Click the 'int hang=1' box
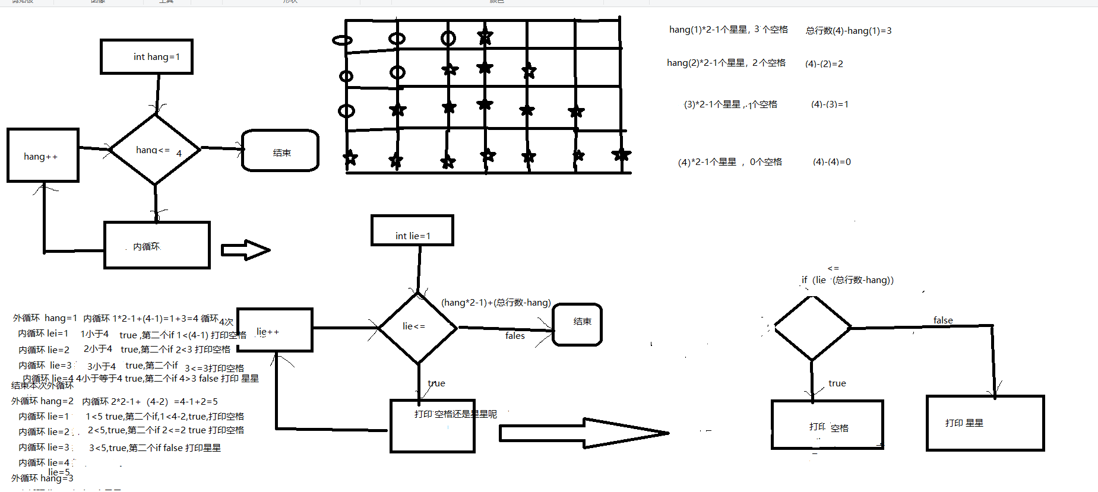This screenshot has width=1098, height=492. [x=147, y=57]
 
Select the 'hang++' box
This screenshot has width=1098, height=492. [x=43, y=155]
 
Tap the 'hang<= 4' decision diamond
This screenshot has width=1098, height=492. [x=155, y=150]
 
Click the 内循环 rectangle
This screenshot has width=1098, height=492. [x=157, y=245]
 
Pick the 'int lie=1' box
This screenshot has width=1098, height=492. [x=412, y=231]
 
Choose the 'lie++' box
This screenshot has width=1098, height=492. [x=274, y=330]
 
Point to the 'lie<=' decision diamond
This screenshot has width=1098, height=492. [x=418, y=327]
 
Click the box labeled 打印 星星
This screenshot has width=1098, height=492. [x=985, y=423]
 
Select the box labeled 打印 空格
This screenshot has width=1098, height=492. [x=827, y=424]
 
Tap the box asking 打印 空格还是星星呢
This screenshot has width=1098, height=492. [x=432, y=426]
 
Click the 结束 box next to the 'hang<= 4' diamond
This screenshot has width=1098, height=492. [x=280, y=151]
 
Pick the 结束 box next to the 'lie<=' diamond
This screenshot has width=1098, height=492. [x=577, y=324]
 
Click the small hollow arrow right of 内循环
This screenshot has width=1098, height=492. [x=245, y=250]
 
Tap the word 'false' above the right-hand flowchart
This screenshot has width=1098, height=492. [x=943, y=320]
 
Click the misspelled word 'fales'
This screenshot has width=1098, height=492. [x=515, y=336]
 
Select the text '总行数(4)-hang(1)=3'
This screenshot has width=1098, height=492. [x=848, y=31]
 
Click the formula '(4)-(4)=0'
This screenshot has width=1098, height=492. [x=831, y=162]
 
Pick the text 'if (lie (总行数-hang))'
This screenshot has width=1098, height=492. [x=847, y=280]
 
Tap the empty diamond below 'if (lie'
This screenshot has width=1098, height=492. [x=812, y=327]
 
